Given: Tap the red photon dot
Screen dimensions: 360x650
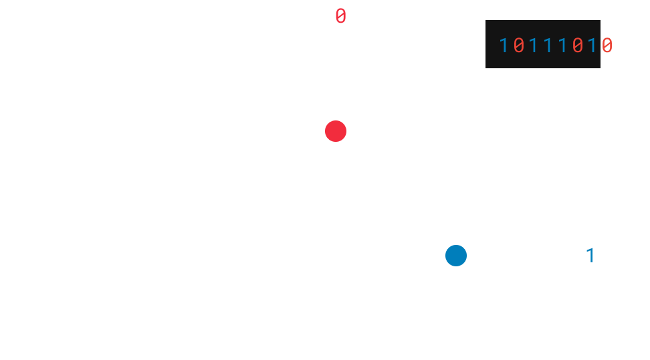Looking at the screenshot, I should pos(336,131).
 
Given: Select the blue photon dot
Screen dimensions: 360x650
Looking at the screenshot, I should pos(456,256).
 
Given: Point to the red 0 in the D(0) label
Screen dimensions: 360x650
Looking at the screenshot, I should pos(341,17).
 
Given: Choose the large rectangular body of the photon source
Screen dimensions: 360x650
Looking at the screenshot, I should pos(64,256).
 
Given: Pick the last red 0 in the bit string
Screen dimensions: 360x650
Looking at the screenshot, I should pos(607,46).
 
